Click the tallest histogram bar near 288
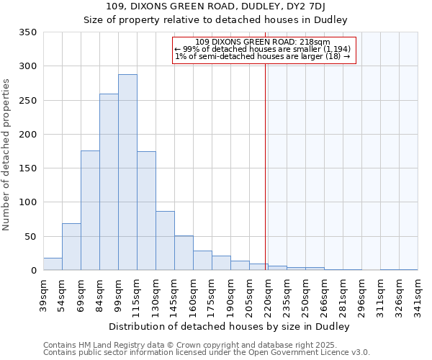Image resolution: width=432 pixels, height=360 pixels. [127, 173]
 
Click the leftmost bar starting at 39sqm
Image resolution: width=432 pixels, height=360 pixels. [53, 264]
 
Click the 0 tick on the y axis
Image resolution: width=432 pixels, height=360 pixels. [33, 271]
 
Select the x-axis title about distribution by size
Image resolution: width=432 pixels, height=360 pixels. [230, 327]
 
